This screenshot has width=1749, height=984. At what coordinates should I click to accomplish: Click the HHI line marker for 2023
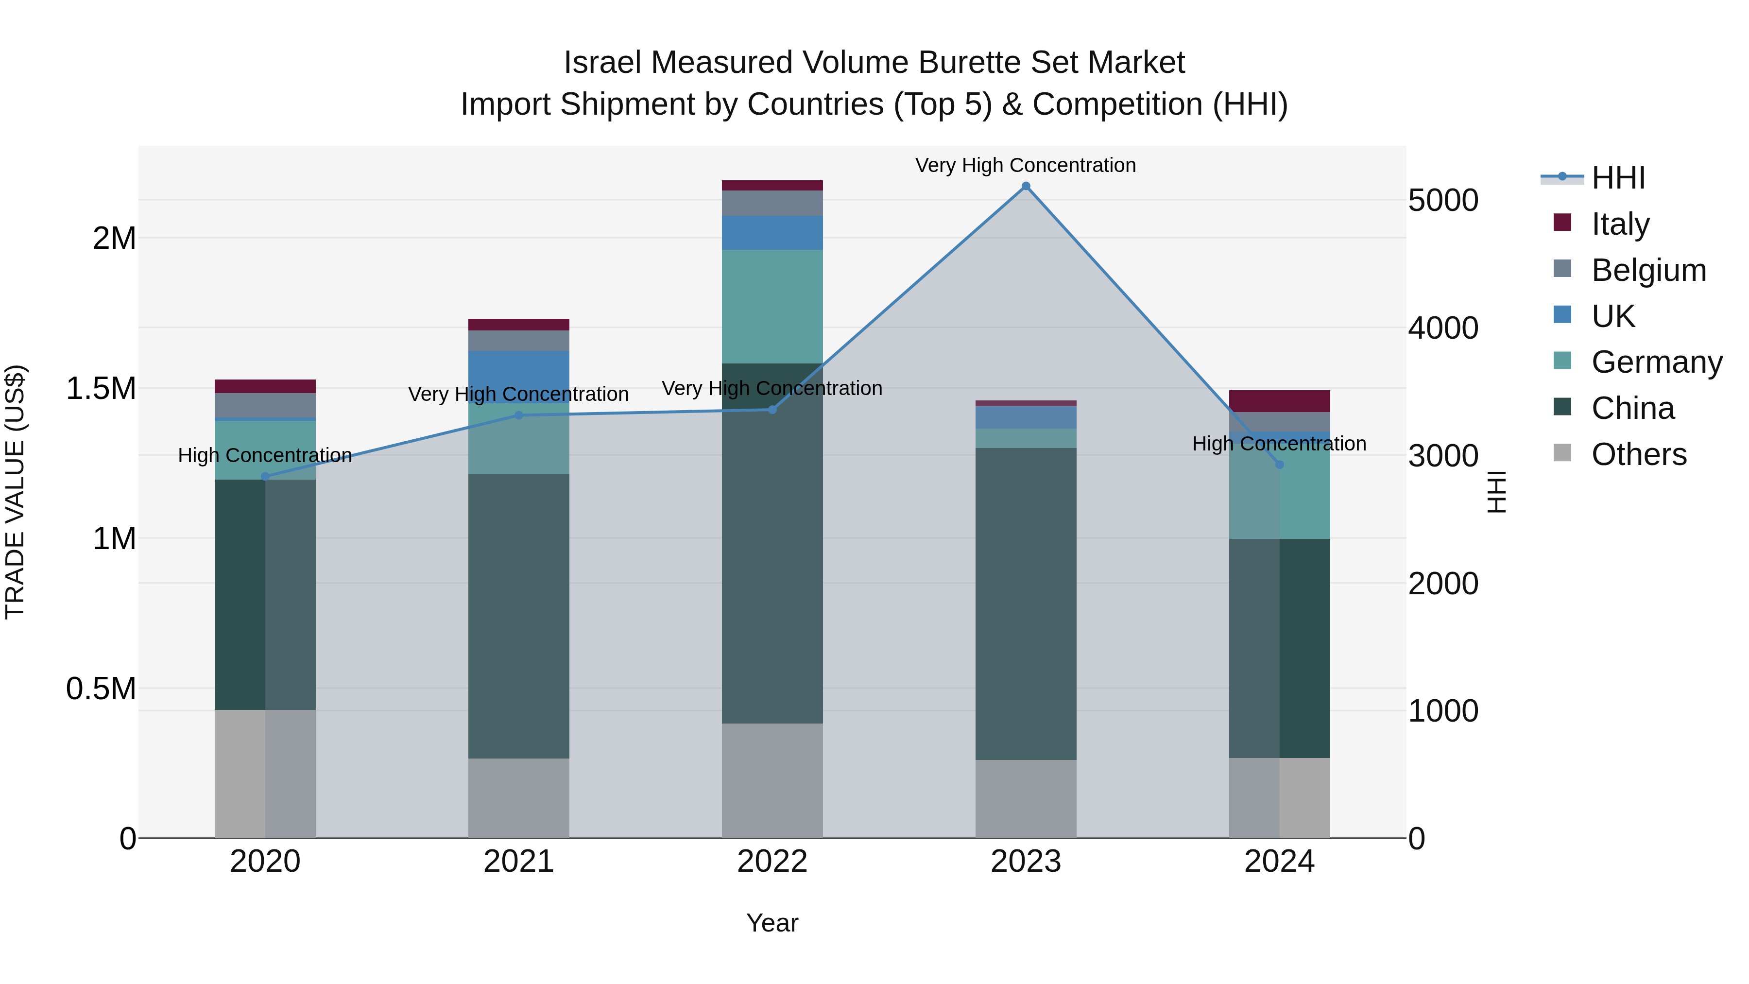(x=1025, y=186)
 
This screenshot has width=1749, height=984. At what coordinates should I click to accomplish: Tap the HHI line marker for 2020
(x=265, y=477)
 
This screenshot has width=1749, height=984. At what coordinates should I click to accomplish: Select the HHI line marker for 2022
(x=772, y=410)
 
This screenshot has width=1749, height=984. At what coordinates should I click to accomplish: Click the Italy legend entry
(x=1620, y=224)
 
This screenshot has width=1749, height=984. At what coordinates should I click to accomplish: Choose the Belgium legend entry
(x=1648, y=270)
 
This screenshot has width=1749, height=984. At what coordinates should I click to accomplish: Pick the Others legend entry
(x=1638, y=454)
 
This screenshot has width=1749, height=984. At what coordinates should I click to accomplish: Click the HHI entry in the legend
(x=1618, y=178)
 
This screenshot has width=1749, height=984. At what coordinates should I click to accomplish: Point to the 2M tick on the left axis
(x=114, y=239)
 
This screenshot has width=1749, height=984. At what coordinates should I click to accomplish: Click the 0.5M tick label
(x=101, y=689)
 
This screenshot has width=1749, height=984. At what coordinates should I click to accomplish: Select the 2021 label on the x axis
(x=519, y=861)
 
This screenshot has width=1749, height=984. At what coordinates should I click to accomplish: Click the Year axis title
(x=772, y=923)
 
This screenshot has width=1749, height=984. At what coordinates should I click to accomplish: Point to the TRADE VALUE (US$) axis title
(x=15, y=492)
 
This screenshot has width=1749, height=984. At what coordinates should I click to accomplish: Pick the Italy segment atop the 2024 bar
(x=1279, y=401)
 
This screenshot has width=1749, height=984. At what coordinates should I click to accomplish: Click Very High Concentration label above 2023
(x=1025, y=165)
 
